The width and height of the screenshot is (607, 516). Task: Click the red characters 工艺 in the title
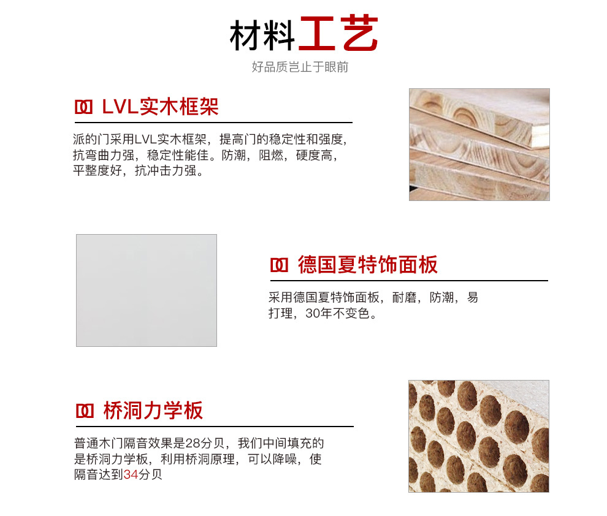coord(338,33)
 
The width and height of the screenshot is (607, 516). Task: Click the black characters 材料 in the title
coord(262,35)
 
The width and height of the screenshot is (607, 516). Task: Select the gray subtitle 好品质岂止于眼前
coord(300,67)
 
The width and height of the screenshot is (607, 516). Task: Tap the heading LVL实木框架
coord(160,107)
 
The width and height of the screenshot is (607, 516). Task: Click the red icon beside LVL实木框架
coord(83,107)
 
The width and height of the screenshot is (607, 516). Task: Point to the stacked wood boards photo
coord(479,144)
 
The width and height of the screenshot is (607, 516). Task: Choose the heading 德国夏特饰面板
coord(368,265)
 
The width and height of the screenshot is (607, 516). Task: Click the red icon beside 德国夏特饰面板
coord(279,265)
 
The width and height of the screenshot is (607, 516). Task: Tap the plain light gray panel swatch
coord(147,290)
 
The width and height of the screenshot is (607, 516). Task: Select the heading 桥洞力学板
coord(153,411)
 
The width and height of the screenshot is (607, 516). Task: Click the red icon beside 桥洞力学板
coord(85,411)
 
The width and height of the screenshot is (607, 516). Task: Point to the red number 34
coord(131,474)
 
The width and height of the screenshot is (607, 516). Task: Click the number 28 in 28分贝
coord(193,443)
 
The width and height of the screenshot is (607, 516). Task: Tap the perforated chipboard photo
coord(479,436)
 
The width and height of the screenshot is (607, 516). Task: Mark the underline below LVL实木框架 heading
coord(213,123)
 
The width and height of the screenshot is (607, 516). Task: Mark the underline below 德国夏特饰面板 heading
coord(409,281)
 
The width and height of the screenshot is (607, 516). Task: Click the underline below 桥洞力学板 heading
coord(215,427)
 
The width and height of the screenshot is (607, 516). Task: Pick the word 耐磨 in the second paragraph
coord(405,297)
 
